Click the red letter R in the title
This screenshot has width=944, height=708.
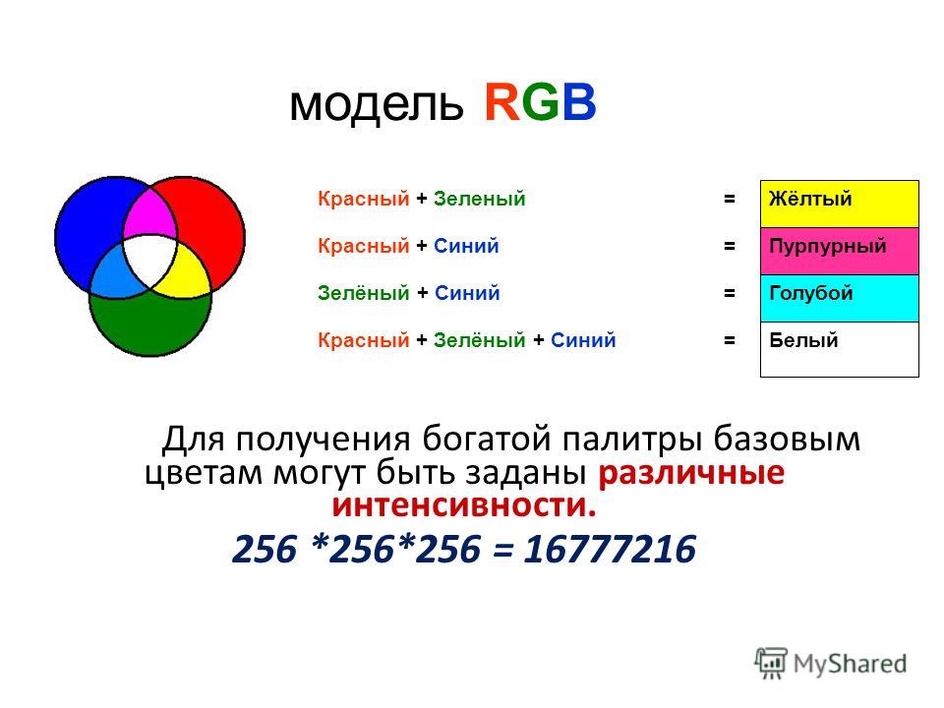502,102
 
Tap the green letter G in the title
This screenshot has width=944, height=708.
541,102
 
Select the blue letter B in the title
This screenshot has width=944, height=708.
579,102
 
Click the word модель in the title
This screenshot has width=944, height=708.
377,106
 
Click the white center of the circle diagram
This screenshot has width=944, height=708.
149,260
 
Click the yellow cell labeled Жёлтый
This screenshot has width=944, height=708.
839,205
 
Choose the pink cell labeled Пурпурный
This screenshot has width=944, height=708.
839,251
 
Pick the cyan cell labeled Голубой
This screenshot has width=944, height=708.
839,298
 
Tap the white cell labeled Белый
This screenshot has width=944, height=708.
839,349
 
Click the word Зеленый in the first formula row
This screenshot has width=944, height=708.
479,199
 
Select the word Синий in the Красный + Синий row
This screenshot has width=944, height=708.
466,246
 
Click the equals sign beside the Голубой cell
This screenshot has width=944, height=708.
730,293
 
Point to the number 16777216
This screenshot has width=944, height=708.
610,549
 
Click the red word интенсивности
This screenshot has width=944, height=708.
463,504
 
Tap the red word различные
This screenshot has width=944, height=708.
691,473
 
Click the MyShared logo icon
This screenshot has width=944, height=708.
771,664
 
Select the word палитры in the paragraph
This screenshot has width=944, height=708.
632,439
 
